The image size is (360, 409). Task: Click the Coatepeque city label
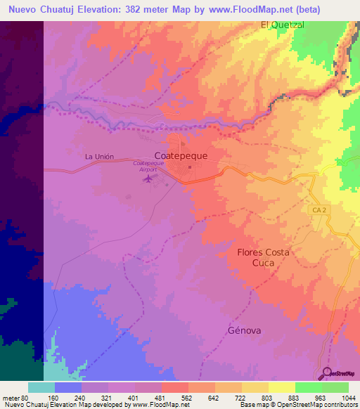181,157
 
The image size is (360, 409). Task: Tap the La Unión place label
98,156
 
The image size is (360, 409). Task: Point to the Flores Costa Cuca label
262,257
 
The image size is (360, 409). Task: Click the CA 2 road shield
318,209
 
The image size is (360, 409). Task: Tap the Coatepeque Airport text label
148,166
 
